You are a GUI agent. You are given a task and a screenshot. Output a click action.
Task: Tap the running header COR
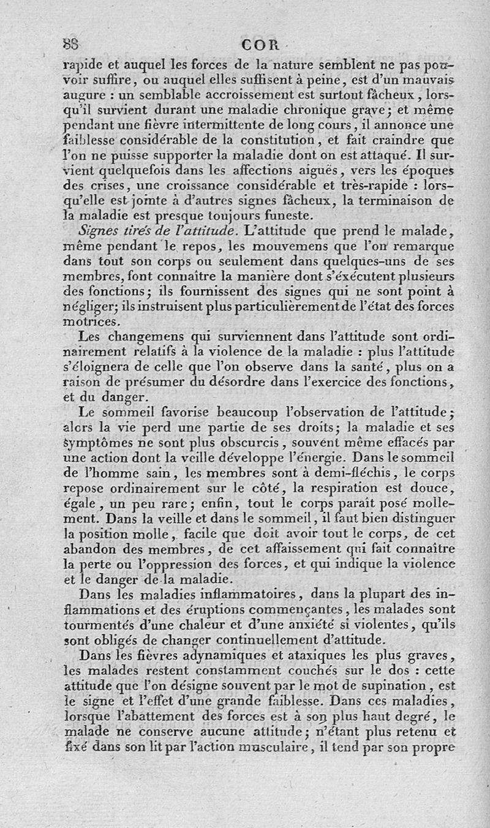(x=260, y=45)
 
